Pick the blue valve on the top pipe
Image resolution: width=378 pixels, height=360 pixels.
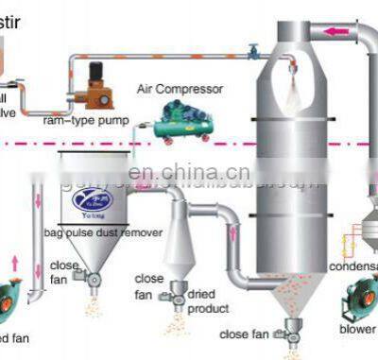point(253,56)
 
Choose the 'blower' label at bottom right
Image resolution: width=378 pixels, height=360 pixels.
point(357,330)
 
